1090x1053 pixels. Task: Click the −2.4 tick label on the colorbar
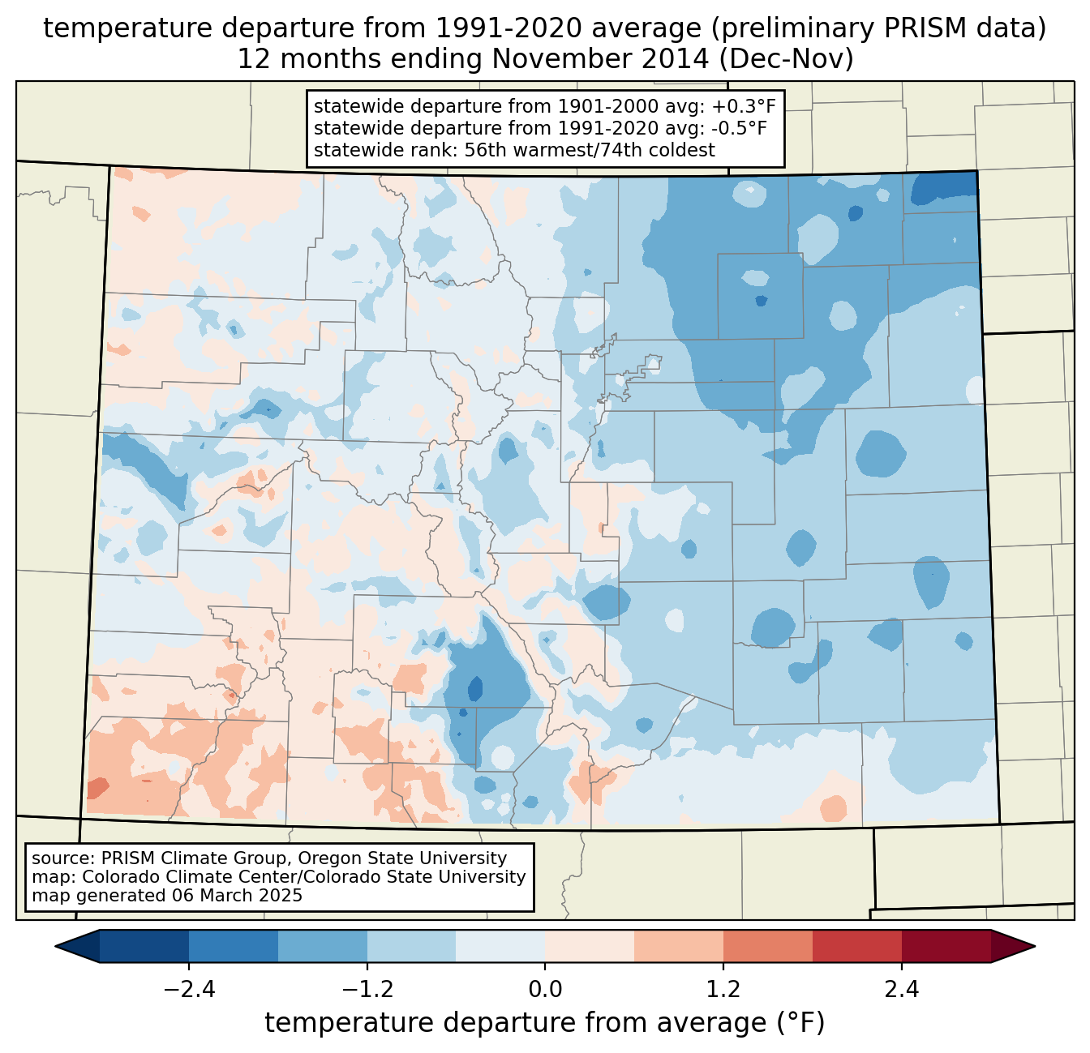click(188, 990)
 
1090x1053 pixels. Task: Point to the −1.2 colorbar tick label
click(367, 990)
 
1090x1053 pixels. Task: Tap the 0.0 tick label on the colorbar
click(545, 990)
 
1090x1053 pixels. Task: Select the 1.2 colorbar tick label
click(723, 990)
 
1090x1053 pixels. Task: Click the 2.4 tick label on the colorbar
click(902, 990)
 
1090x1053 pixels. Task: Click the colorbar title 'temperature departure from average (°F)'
click(545, 1024)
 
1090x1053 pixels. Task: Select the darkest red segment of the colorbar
click(946, 946)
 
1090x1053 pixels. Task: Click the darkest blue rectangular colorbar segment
click(144, 946)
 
